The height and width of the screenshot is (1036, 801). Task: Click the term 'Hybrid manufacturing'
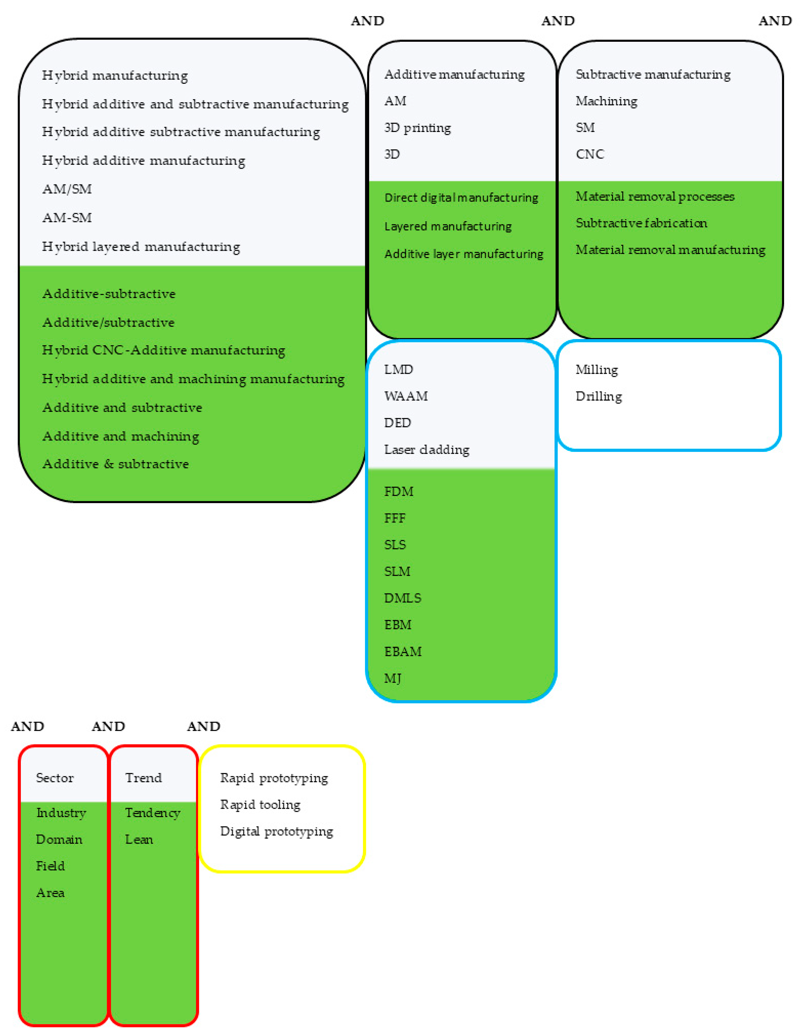coord(115,75)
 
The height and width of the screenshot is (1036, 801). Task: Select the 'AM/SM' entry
coord(67,189)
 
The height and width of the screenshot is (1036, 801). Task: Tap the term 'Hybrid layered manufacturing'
coord(141,247)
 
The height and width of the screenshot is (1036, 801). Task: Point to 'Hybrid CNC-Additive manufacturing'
coord(164,350)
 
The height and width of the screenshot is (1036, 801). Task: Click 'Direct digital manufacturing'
coord(461,197)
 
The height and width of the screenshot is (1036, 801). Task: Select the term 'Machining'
coord(606,101)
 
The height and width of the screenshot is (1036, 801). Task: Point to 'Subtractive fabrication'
coord(641,223)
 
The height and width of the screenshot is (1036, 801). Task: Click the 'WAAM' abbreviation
coord(405,396)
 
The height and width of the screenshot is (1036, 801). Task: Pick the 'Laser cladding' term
coord(426,450)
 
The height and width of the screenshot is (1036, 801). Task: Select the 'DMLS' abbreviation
coord(402,598)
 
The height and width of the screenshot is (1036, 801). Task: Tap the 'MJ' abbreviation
coord(392,678)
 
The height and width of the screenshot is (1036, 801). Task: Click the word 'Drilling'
coord(599,396)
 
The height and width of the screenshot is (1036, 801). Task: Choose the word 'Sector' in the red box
coord(55,778)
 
